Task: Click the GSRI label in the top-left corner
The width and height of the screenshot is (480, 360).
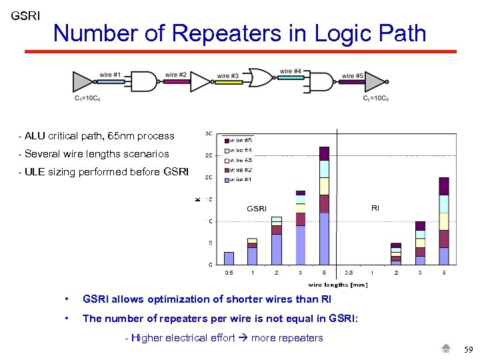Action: (25, 15)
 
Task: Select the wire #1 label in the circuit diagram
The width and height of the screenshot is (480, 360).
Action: (110, 75)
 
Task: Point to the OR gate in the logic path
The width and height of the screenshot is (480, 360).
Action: (259, 78)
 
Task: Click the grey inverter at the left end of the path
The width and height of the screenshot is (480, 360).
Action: (83, 81)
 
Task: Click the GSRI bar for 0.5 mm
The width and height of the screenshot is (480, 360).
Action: (229, 258)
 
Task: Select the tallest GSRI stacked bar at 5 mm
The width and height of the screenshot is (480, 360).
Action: (324, 207)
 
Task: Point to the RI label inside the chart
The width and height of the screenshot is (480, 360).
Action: (375, 208)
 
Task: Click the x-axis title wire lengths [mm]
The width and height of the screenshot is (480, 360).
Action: (337, 285)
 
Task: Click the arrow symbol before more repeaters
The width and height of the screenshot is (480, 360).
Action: (243, 338)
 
